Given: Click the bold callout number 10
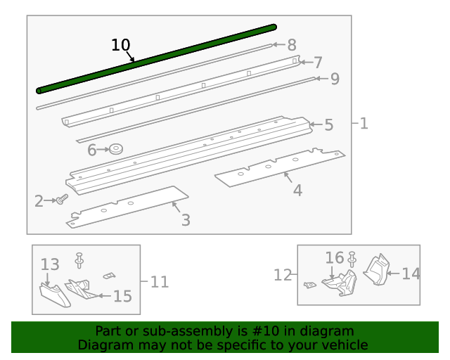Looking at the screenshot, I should (x=121, y=45).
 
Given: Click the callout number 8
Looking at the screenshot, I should (x=292, y=45).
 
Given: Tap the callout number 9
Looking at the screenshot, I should (x=334, y=79).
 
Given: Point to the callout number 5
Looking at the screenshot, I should (x=328, y=125).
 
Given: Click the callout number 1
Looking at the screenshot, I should (x=363, y=124).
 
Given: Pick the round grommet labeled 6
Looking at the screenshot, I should (x=116, y=149).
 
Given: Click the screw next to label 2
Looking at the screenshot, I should (x=62, y=200).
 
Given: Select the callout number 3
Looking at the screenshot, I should (x=186, y=220).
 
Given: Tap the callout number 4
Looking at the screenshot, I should (x=297, y=190).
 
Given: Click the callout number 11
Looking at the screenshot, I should (x=160, y=281).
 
